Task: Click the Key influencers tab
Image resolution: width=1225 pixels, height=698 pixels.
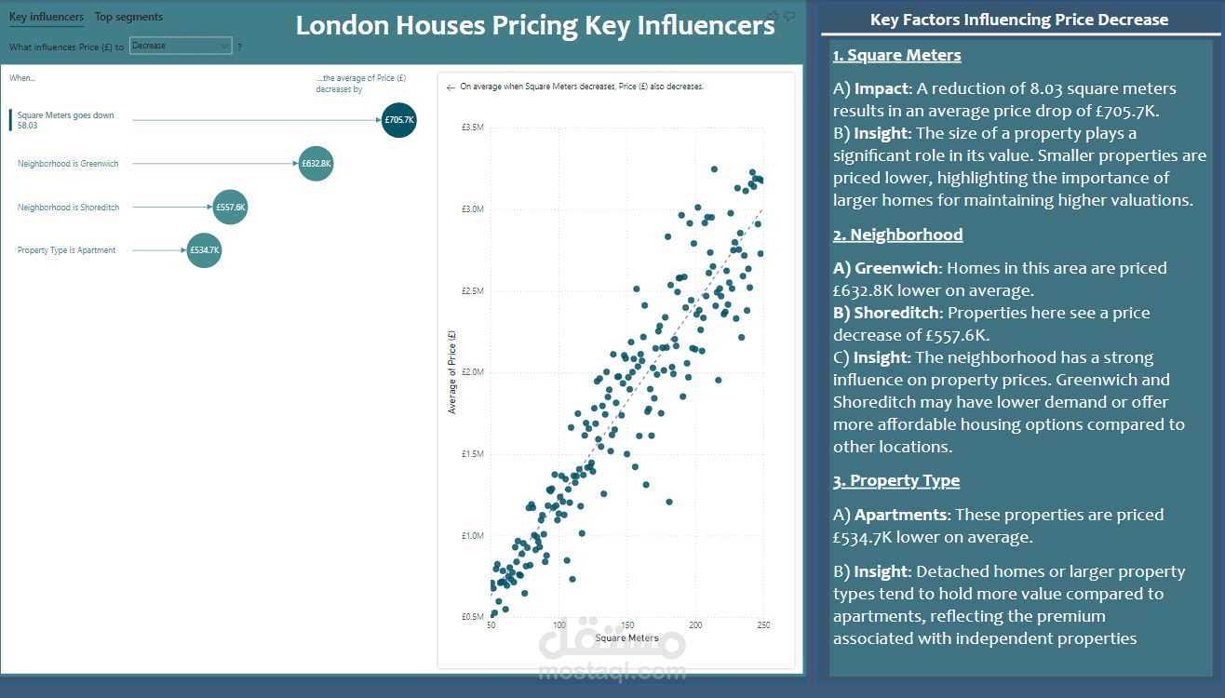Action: click(x=47, y=17)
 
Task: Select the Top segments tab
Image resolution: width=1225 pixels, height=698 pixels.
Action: click(x=128, y=17)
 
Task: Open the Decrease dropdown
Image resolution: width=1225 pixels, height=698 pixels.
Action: click(x=181, y=46)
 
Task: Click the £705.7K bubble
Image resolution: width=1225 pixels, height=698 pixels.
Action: click(x=399, y=120)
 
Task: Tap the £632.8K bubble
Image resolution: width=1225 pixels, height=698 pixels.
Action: click(x=316, y=164)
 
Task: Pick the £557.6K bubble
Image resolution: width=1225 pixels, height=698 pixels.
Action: click(x=231, y=208)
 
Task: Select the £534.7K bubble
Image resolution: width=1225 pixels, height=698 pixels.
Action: click(x=205, y=250)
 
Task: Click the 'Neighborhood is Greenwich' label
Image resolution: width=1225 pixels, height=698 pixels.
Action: click(x=68, y=164)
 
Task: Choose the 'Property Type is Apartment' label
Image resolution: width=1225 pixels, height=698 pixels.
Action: click(x=67, y=250)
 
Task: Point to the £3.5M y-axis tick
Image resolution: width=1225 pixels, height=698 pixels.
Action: click(x=473, y=127)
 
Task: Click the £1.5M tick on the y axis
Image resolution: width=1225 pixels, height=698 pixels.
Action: click(x=473, y=454)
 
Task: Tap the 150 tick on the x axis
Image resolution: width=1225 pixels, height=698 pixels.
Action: click(x=628, y=625)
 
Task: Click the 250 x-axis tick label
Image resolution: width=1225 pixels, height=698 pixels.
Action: click(x=764, y=625)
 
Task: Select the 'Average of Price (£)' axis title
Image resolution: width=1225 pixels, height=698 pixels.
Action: click(x=452, y=371)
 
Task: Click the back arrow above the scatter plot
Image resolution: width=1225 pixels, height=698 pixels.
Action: click(x=451, y=87)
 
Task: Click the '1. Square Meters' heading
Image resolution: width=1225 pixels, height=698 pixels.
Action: click(x=896, y=56)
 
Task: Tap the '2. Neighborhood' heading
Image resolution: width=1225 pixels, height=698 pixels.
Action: click(x=897, y=235)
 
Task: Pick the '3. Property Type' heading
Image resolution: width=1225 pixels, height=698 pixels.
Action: click(x=895, y=481)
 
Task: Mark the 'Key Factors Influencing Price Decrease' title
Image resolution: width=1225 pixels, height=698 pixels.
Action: click(x=1018, y=20)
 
